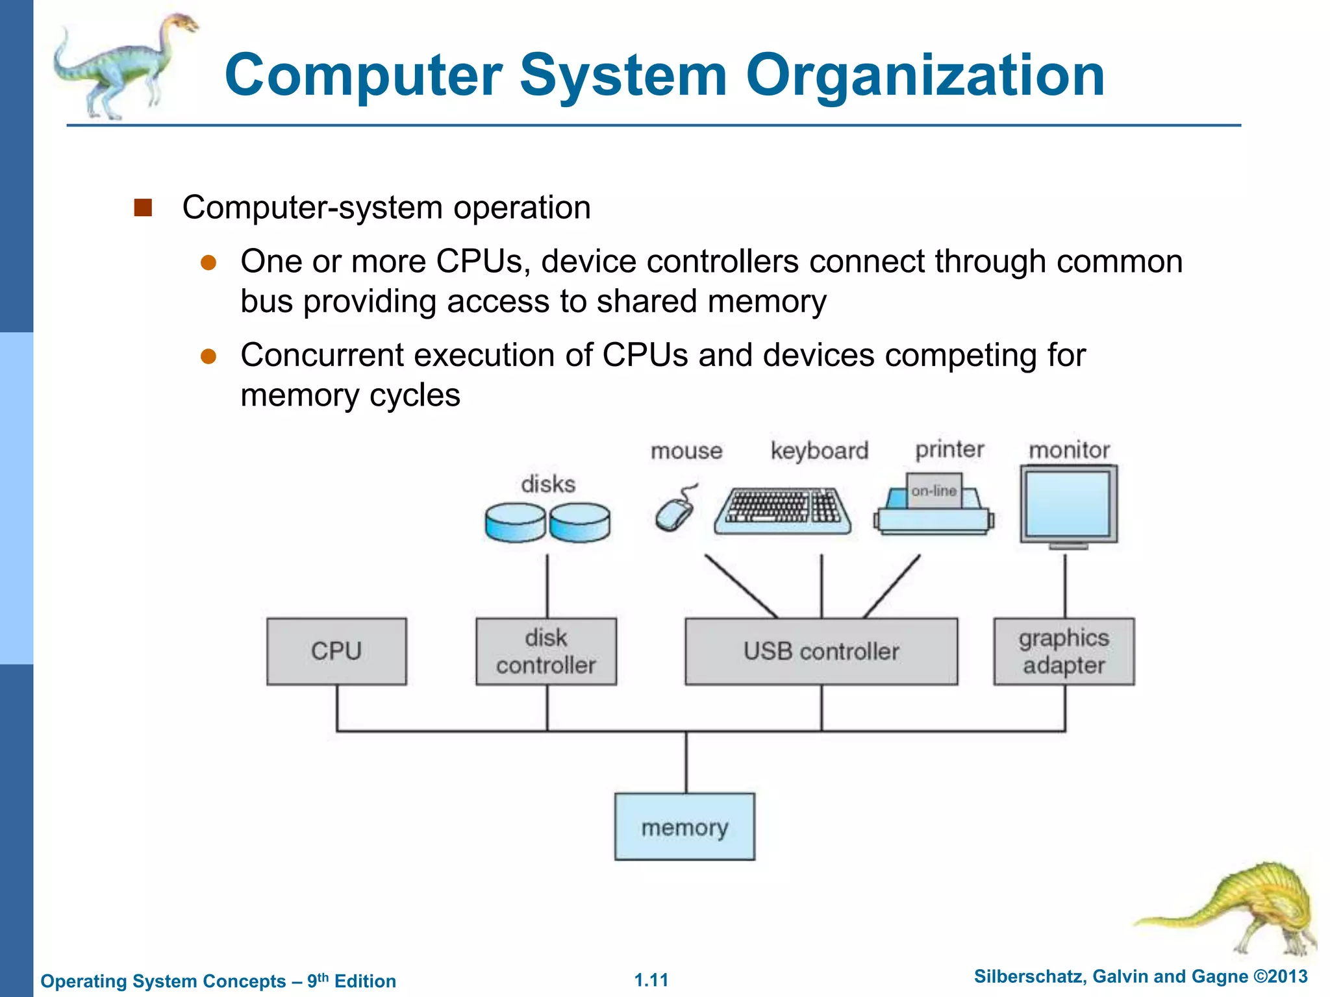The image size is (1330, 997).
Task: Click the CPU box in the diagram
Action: [x=336, y=651]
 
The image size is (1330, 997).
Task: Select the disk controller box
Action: [x=546, y=651]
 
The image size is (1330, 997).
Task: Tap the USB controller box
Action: [x=821, y=651]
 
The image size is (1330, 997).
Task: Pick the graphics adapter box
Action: [x=1064, y=651]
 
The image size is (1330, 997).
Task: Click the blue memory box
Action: [x=684, y=827]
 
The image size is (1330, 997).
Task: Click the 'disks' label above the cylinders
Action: [x=548, y=484]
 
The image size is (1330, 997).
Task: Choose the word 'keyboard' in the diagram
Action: [x=819, y=450]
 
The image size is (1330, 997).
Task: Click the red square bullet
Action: [x=143, y=208]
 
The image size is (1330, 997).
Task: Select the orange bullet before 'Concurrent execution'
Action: [x=208, y=356]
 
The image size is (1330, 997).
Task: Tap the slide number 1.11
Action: [x=651, y=980]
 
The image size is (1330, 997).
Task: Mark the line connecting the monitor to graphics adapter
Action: [x=1065, y=584]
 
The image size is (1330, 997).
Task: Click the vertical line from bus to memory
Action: [x=686, y=763]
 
